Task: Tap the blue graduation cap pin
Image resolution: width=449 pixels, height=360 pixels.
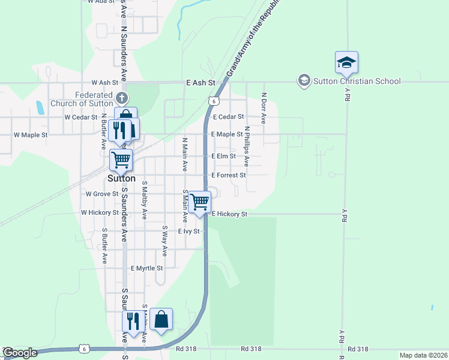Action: [x=346, y=62]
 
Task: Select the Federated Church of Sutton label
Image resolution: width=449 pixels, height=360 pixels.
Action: [x=94, y=98]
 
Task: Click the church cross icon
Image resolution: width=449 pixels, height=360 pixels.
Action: [x=121, y=97]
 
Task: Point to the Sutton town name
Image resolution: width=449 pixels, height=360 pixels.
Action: [x=121, y=179]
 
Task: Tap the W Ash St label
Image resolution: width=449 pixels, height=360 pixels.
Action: [x=105, y=82]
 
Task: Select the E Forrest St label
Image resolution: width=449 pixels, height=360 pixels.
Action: [x=229, y=175]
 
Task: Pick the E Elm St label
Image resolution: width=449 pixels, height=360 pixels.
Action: [x=223, y=156]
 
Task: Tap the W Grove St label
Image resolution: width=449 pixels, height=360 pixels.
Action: [x=102, y=194]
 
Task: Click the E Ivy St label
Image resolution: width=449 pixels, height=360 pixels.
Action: [x=188, y=231]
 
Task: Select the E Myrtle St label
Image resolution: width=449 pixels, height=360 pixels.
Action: [x=147, y=268]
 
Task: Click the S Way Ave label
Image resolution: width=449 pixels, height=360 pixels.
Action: [x=164, y=241]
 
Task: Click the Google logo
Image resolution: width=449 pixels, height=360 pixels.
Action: [x=19, y=353]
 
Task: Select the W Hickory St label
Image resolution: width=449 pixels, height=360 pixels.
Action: [x=100, y=212]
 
